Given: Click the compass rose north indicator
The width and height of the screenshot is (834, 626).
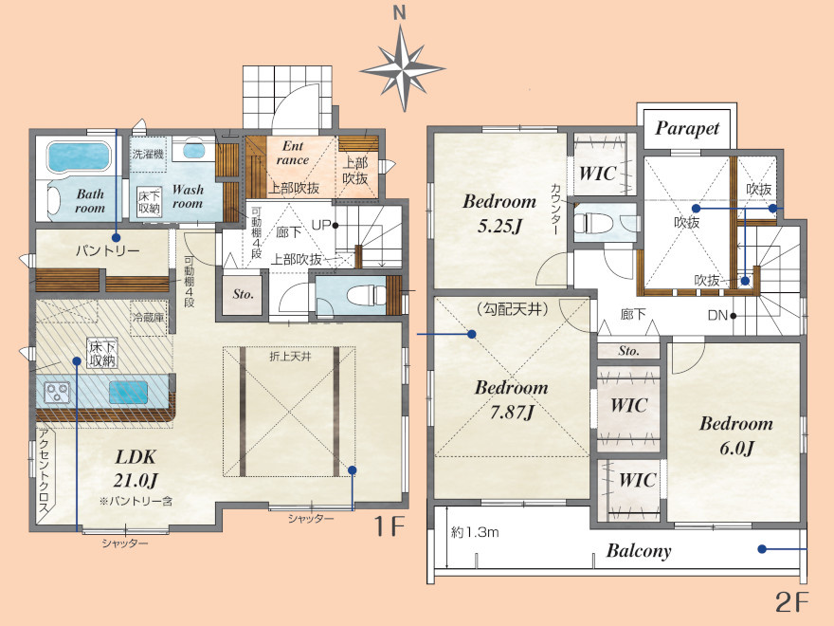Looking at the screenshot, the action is [x=402, y=63].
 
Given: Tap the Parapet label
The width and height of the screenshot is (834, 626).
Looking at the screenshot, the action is [x=687, y=128].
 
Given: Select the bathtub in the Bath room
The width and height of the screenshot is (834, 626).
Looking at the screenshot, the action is [x=78, y=156].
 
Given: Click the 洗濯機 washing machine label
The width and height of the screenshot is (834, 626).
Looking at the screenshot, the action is [x=148, y=155].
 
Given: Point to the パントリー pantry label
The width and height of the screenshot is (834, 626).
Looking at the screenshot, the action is [x=107, y=250].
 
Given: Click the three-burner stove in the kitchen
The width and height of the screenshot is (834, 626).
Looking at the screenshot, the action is [x=57, y=393].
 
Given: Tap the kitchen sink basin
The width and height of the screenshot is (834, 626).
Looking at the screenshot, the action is [x=128, y=393].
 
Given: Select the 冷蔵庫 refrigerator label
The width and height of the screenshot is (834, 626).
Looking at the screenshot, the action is [x=149, y=317].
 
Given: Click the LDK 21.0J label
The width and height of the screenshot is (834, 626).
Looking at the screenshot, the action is [x=136, y=469].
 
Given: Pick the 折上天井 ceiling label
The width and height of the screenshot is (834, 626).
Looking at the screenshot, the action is [x=290, y=357].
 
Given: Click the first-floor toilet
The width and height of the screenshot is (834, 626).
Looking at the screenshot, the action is [x=366, y=294].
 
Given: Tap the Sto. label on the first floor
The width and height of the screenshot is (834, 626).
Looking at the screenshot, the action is [x=243, y=294].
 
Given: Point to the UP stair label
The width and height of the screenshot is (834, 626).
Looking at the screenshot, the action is [x=321, y=225].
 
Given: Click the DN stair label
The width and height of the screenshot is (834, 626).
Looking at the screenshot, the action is [x=717, y=315].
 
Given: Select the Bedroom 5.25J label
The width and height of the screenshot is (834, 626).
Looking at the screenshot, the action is [x=499, y=213].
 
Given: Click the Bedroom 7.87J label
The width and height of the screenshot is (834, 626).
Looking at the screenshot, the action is [x=511, y=399].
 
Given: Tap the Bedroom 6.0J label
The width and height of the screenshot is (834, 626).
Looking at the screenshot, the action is [x=736, y=435].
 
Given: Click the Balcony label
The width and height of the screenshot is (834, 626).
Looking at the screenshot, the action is [x=639, y=551].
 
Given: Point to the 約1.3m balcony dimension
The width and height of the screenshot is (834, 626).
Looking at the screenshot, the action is [x=475, y=532].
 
